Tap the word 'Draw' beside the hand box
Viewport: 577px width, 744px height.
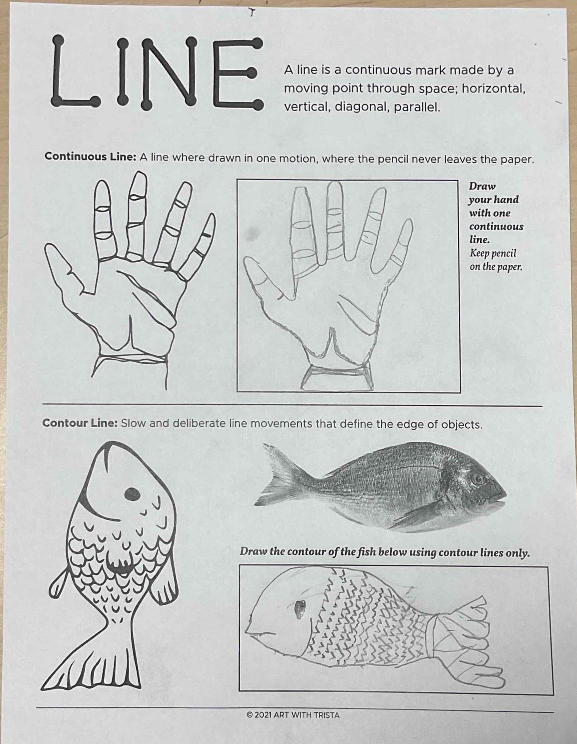click(x=482, y=186)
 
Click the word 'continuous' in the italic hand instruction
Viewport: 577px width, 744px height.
click(x=496, y=226)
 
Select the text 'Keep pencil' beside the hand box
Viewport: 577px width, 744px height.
click(x=493, y=254)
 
